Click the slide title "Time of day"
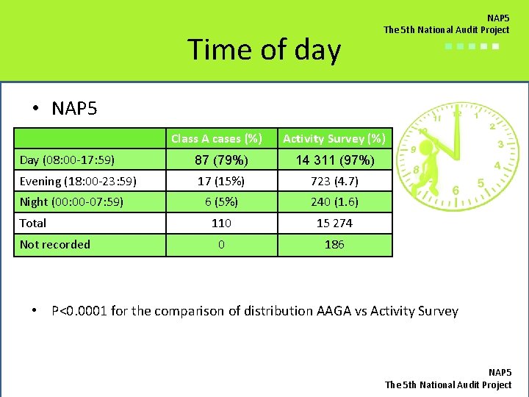[x=264, y=50]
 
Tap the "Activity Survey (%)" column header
[x=334, y=138]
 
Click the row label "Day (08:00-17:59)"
[x=67, y=160]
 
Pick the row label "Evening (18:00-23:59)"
[x=78, y=181]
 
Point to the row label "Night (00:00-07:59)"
[x=71, y=201]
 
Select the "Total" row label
[x=33, y=223]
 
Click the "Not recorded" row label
[x=55, y=244]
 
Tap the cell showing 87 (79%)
[x=221, y=160]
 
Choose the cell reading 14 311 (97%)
[x=334, y=160]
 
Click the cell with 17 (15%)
[x=221, y=181]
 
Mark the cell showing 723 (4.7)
[x=334, y=181]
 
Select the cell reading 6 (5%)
[x=221, y=201]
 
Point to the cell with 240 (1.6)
[x=334, y=201]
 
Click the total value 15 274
[x=334, y=223]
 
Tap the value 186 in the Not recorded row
[x=334, y=244]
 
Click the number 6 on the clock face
[x=456, y=190]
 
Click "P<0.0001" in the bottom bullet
[x=79, y=311]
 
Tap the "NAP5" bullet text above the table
[x=74, y=109]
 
